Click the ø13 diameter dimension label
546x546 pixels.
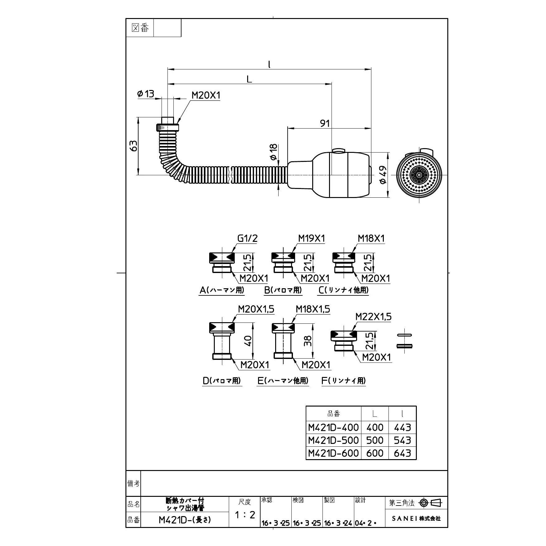(x=146, y=94)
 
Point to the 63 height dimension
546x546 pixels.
(x=133, y=146)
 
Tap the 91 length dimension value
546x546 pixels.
(x=325, y=124)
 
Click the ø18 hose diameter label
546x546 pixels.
(x=274, y=152)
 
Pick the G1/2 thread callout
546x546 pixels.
(x=247, y=238)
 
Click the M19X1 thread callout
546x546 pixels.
(x=311, y=238)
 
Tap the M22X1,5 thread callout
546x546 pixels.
(x=374, y=317)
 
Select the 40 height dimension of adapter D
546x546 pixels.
(x=248, y=341)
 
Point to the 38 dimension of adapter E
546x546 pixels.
(x=308, y=341)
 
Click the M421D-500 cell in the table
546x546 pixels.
(x=333, y=440)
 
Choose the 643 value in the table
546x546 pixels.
(x=402, y=453)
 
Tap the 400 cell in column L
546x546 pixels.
(x=375, y=427)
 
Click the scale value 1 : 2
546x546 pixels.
(x=245, y=515)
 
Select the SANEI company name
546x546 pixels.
(x=416, y=519)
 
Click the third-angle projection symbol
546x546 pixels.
(x=431, y=503)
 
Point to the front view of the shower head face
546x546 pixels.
(x=419, y=176)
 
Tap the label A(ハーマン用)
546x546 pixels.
(x=222, y=290)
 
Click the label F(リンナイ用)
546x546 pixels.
(x=344, y=381)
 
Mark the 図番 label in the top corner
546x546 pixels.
(x=140, y=28)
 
